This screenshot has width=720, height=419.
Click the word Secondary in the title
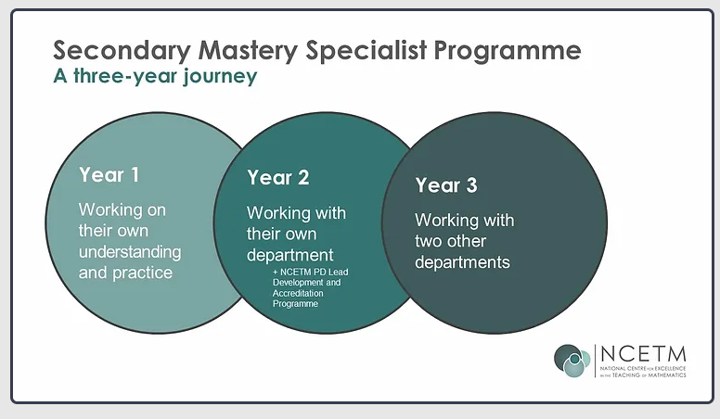coord(109,50)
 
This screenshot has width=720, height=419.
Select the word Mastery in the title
coord(231,50)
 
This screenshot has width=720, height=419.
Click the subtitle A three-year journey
coord(154,76)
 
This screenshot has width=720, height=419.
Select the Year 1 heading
coord(109,175)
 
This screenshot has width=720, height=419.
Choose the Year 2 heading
coord(277,178)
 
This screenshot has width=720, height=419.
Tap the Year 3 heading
coord(445,185)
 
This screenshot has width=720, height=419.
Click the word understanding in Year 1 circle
coord(130,252)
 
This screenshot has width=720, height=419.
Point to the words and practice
coord(125,273)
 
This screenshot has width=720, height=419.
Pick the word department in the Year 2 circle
coord(289,255)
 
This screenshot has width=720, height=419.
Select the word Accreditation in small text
coord(296,292)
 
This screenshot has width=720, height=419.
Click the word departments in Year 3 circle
coord(462,262)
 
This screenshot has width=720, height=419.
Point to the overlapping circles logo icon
coord(572,361)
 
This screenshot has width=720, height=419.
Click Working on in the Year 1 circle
coord(122,209)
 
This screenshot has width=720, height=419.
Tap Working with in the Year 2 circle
coord(296,213)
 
